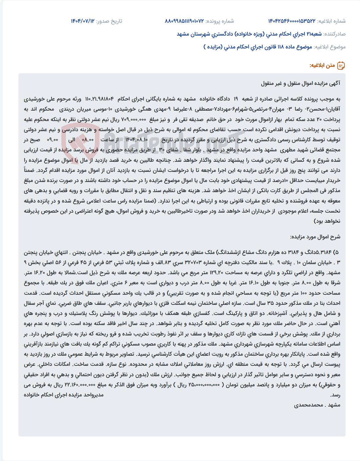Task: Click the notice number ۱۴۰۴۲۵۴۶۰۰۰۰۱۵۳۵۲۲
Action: pos(292,21)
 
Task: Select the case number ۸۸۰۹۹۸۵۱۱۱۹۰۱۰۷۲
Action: pos(184,21)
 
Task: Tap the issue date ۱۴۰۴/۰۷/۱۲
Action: pos(82,21)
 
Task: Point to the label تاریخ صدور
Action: pos(109,21)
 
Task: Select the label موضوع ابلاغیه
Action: pos(330,47)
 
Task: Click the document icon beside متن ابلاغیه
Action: pos(341,66)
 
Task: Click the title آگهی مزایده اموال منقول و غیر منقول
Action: pos(301,83)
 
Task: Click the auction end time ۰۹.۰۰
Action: pos(52,140)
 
